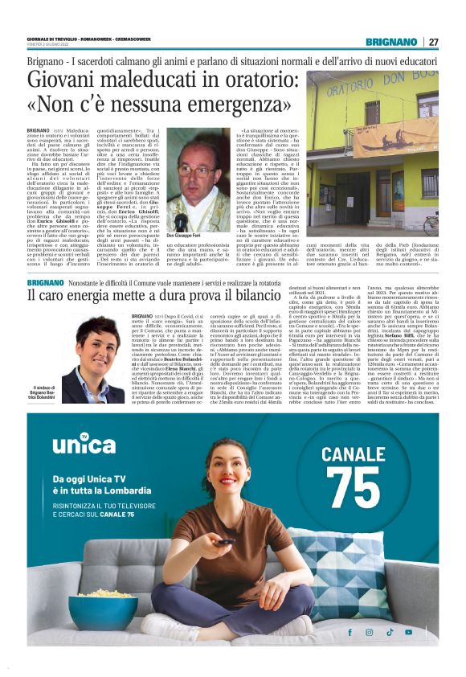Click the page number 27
click(x=434, y=42)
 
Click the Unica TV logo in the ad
click(x=84, y=445)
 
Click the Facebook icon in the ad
click(x=349, y=633)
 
